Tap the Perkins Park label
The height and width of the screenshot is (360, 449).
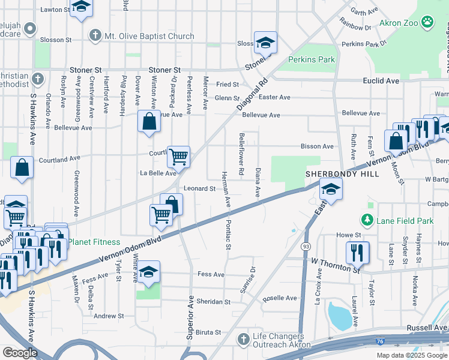(311, 60)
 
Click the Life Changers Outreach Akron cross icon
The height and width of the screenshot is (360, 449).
(243, 340)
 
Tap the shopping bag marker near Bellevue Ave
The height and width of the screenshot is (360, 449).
(149, 121)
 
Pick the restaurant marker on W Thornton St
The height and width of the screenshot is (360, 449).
(357, 253)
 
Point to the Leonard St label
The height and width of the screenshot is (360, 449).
(199, 188)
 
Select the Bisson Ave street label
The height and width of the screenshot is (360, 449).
(317, 146)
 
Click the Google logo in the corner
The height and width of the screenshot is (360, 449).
(20, 352)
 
